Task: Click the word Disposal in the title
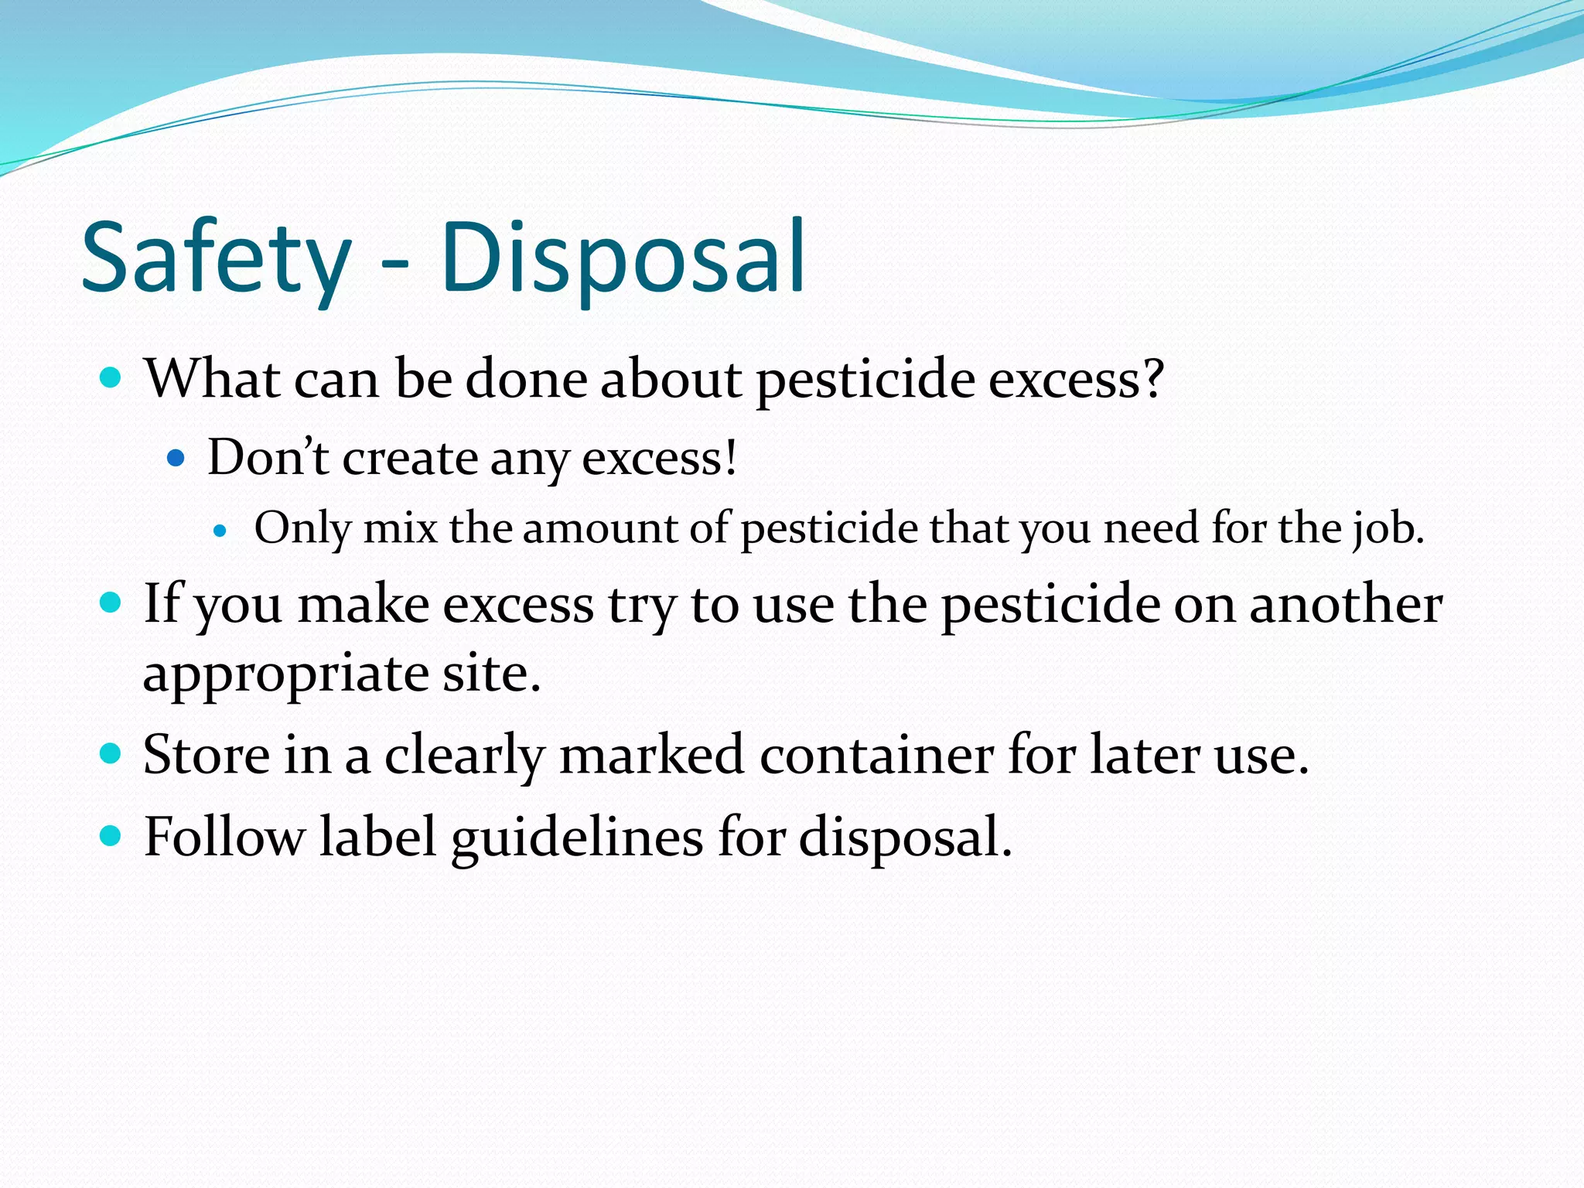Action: tap(623, 259)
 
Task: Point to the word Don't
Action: tap(268, 458)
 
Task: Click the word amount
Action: tap(600, 529)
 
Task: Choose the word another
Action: tap(1346, 604)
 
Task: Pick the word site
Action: tap(490, 673)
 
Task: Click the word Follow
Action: tap(224, 837)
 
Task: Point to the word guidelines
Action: tap(577, 838)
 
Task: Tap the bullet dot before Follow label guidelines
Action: tap(111, 836)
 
